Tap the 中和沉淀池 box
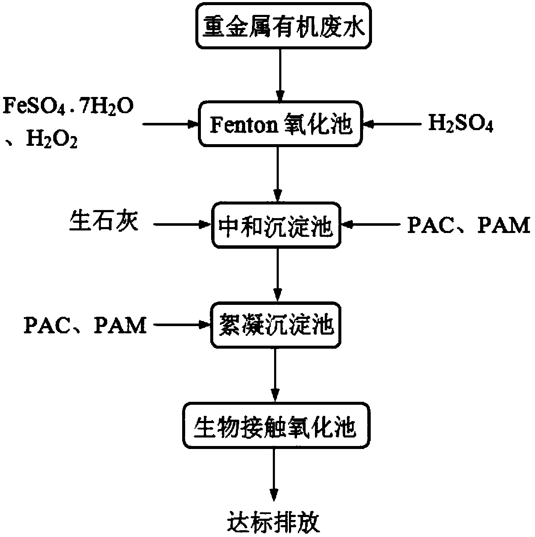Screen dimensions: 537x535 pos(277,225)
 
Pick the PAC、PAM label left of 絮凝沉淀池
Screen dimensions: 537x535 pos(85,326)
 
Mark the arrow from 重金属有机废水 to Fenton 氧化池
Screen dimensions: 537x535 pos(280,74)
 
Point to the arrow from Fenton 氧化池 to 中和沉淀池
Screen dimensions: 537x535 pos(278,174)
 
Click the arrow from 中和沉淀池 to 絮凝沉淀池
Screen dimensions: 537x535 pos(278,274)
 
